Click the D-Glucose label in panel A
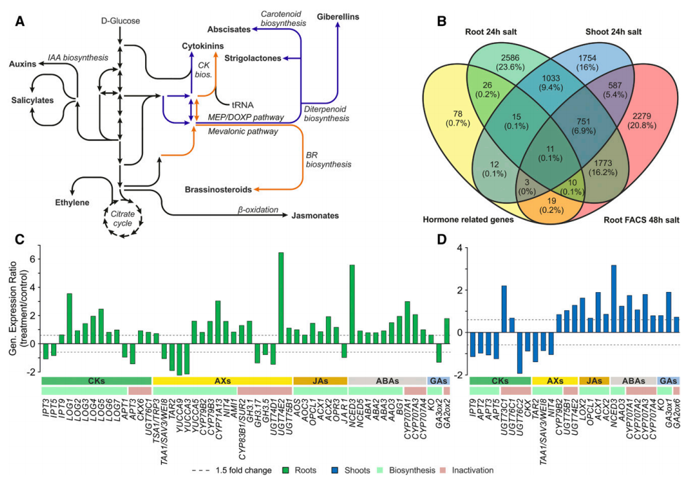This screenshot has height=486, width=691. point(121,21)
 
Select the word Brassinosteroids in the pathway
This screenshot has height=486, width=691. point(217,190)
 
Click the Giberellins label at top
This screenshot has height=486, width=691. point(340,16)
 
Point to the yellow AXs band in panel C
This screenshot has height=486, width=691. point(222,380)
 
